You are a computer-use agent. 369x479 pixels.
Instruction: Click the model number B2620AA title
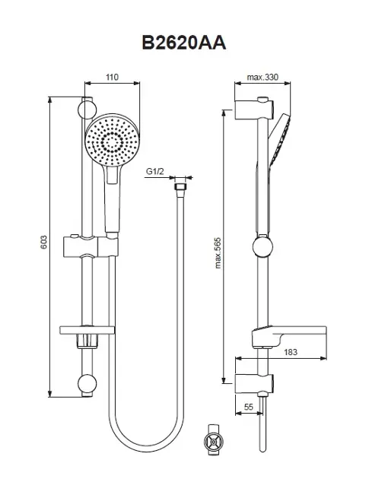pos(184,43)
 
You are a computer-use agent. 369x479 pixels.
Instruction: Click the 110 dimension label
pos(112,77)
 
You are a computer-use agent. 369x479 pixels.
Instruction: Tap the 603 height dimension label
pos(44,242)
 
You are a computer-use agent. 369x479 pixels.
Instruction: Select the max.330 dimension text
pos(262,78)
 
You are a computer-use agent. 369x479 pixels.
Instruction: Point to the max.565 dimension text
pos(218,253)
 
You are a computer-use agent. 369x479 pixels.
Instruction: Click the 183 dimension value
pos(291,352)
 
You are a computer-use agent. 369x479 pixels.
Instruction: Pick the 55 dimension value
pos(249,407)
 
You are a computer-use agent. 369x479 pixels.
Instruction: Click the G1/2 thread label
pos(154,171)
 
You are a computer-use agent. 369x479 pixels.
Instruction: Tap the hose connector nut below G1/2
pos(180,187)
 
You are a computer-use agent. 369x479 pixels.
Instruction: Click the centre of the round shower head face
pos(112,141)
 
